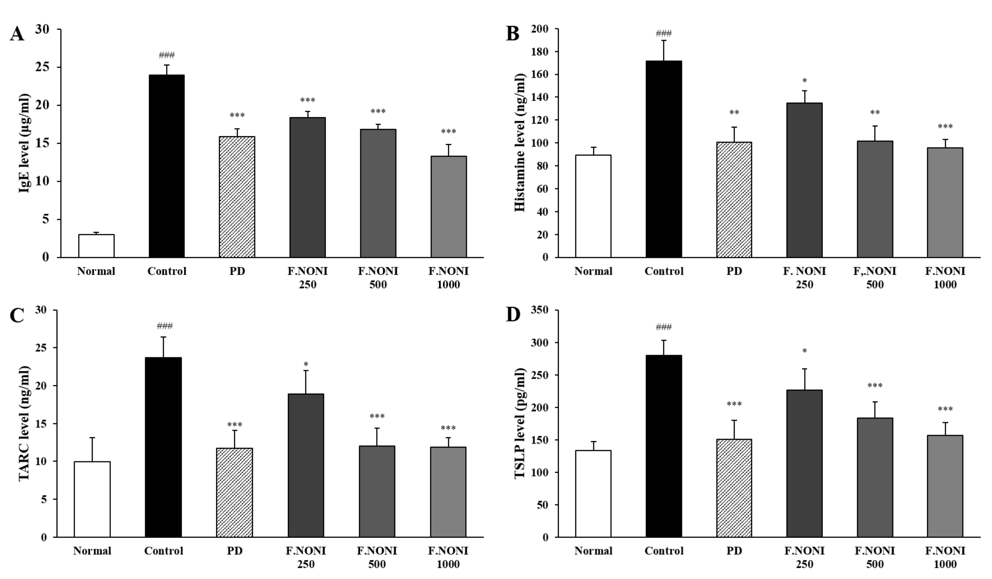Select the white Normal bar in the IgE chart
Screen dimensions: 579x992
(96, 246)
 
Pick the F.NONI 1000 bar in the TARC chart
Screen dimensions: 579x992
(448, 492)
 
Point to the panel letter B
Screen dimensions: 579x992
(513, 34)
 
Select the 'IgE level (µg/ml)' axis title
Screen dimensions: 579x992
(24, 143)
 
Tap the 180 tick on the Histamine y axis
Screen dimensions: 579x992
(540, 52)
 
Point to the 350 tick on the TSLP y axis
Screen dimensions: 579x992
(540, 310)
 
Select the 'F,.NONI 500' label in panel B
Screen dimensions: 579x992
(875, 278)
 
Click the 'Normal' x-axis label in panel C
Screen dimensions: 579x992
(92, 551)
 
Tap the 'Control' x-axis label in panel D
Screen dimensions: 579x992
(664, 551)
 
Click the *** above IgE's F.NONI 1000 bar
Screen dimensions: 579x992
(448, 132)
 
